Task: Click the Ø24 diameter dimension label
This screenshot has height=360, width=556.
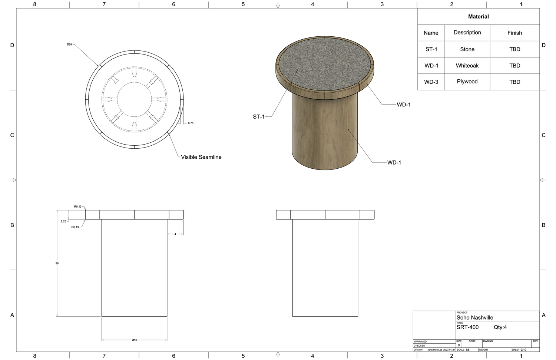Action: pyautogui.click(x=69, y=44)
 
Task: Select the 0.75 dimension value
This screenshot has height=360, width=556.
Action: pyautogui.click(x=191, y=123)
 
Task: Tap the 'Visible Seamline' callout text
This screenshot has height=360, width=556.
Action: pyautogui.click(x=201, y=157)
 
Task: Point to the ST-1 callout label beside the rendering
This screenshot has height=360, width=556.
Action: pyautogui.click(x=259, y=117)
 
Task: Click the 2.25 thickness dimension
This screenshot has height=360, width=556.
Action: pyautogui.click(x=63, y=221)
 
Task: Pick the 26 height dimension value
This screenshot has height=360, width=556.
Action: pyautogui.click(x=57, y=263)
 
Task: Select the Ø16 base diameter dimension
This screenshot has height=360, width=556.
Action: pyautogui.click(x=134, y=340)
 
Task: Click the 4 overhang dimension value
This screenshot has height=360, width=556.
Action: pyautogui.click(x=175, y=234)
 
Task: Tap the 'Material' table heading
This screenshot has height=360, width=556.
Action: pyautogui.click(x=478, y=17)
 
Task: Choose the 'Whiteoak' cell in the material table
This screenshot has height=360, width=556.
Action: pyautogui.click(x=467, y=66)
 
